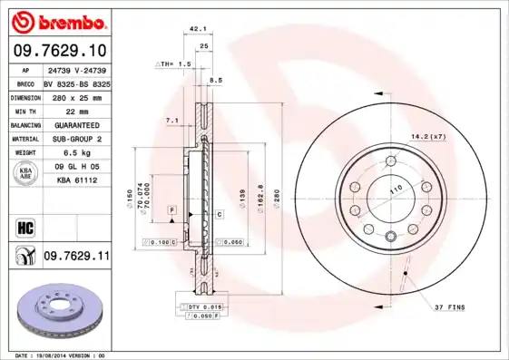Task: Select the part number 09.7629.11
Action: [x=76, y=258]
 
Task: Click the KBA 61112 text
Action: [x=76, y=180]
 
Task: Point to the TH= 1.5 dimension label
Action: [x=174, y=64]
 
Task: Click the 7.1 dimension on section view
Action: [x=171, y=121]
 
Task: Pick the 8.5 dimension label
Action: [x=216, y=82]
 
